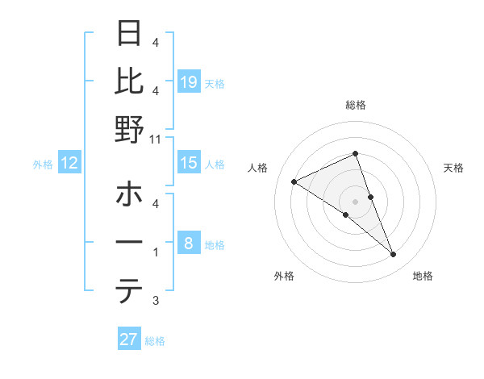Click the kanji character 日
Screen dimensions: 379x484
pos(130,35)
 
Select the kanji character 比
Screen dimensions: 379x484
pos(130,81)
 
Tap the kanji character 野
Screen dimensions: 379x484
pos(130,128)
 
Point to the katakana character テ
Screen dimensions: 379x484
pos(130,291)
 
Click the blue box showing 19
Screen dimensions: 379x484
pos(189,81)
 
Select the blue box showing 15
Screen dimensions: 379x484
pos(189,163)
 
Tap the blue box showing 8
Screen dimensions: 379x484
pos(189,243)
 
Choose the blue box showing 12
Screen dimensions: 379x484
pos(69,163)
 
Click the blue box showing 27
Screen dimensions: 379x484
pos(129,339)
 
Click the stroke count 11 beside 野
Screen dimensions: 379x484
pos(155,139)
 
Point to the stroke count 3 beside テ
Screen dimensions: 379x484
pos(155,301)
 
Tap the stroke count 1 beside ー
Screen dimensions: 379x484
pos(155,252)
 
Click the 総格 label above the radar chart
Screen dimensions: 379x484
pos(356,105)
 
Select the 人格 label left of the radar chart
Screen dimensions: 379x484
pos(258,168)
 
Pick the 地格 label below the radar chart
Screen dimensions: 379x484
pos(423,276)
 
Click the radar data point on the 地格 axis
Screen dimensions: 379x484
pos(394,255)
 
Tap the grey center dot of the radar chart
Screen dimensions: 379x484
pos(356,201)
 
